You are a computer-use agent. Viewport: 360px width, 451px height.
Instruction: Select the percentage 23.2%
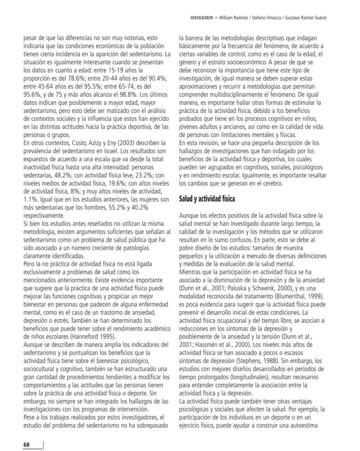click(x=136, y=174)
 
